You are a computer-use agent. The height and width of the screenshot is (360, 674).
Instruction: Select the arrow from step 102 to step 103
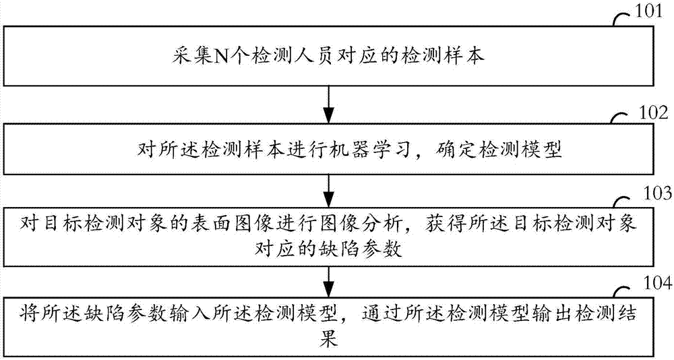[328, 184]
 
